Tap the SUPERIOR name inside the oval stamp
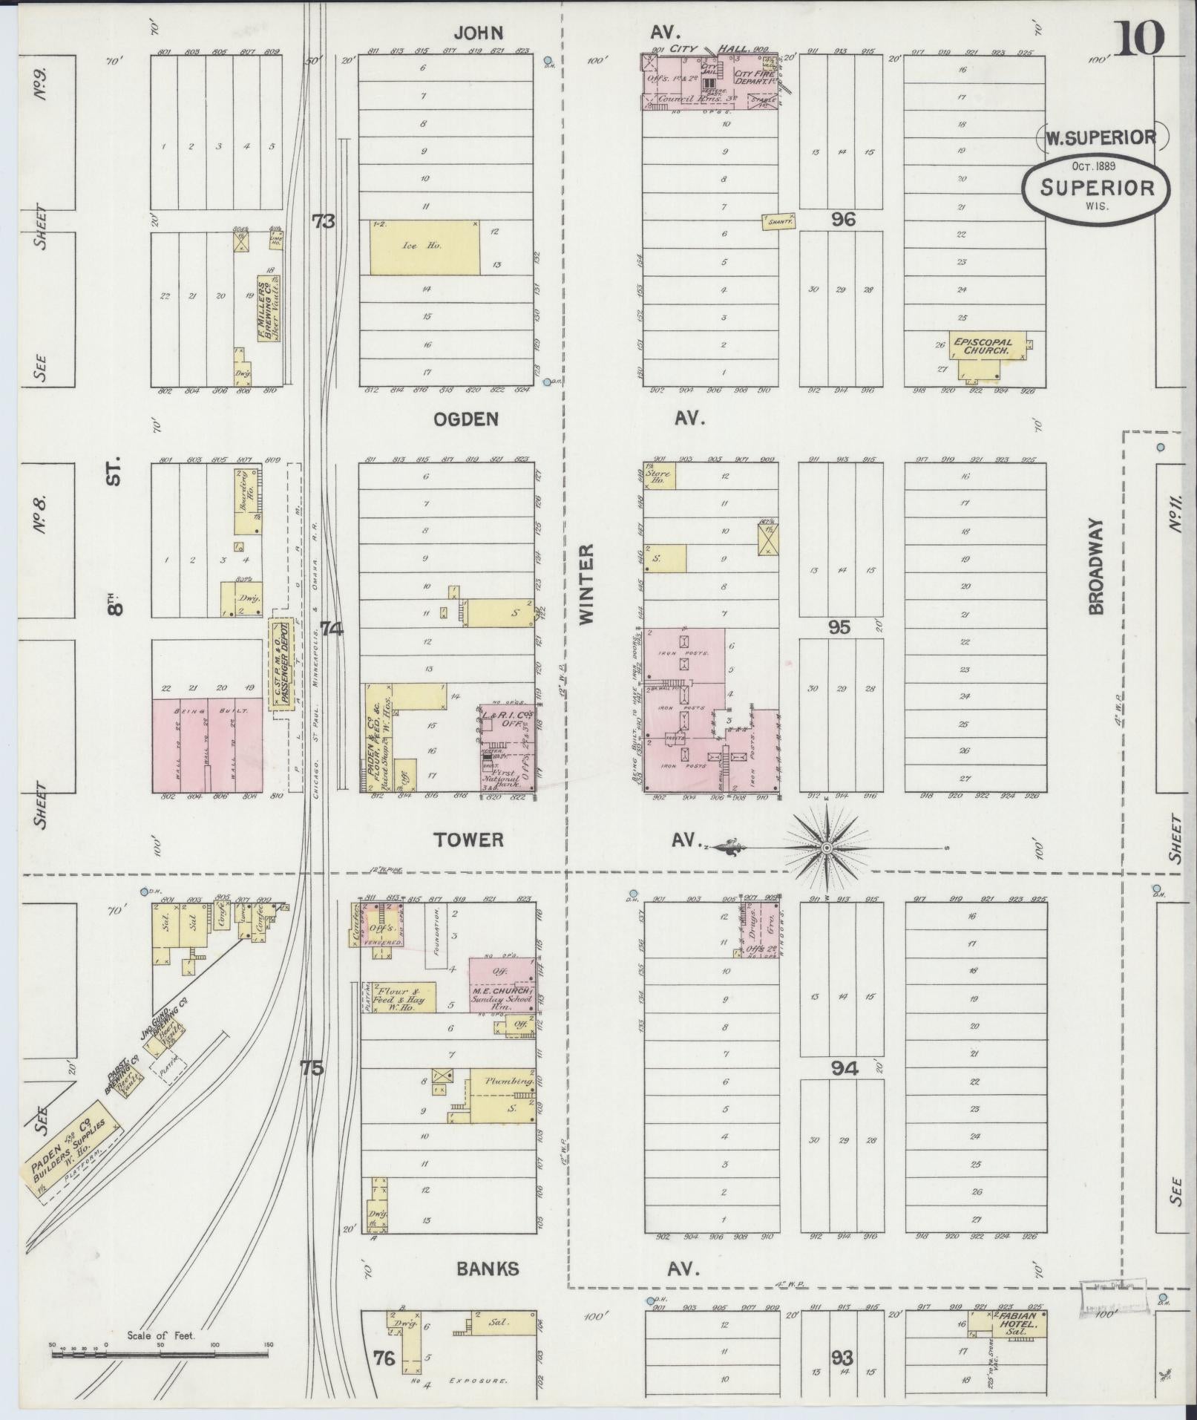(x=1097, y=187)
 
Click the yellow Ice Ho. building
(x=424, y=247)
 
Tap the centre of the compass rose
(x=826, y=847)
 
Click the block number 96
(x=843, y=219)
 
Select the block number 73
(x=324, y=220)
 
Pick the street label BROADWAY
(x=1096, y=566)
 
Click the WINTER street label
(x=586, y=584)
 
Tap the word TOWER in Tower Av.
(x=469, y=840)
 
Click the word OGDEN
(x=466, y=419)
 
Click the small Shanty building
(x=778, y=220)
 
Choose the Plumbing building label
(x=509, y=1081)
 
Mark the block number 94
(x=844, y=1069)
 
